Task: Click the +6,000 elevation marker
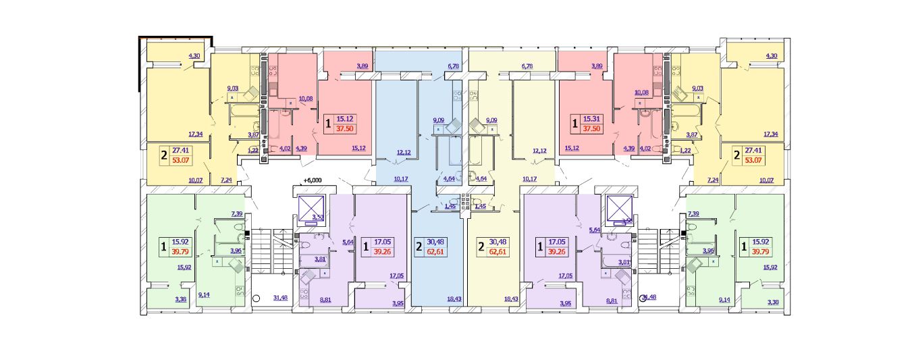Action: point(311,180)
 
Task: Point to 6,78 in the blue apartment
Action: point(452,66)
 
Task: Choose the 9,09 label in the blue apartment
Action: point(439,121)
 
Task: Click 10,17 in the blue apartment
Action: point(400,179)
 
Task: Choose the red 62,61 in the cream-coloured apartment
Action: point(500,252)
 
